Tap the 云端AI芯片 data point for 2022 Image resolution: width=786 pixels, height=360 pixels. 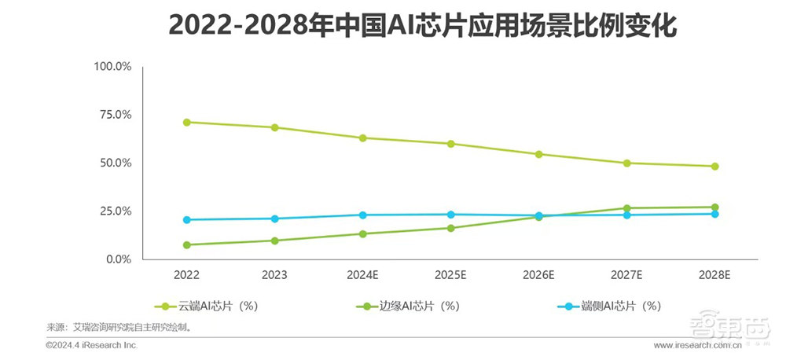pyautogui.click(x=187, y=122)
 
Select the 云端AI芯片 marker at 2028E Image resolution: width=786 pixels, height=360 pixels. pyautogui.click(x=714, y=167)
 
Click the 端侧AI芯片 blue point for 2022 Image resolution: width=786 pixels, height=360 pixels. pyautogui.click(x=187, y=219)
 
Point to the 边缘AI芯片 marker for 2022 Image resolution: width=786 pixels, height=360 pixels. pyautogui.click(x=187, y=244)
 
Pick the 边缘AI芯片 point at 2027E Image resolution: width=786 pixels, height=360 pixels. pyautogui.click(x=626, y=208)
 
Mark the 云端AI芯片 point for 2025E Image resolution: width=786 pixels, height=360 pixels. pyautogui.click(x=451, y=144)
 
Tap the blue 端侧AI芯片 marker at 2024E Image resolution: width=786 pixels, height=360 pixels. pyautogui.click(x=363, y=215)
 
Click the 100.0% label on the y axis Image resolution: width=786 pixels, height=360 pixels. pyautogui.click(x=112, y=67)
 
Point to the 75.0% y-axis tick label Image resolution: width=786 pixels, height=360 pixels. pyautogui.click(x=115, y=115)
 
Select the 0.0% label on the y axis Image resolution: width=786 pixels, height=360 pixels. pyautogui.click(x=117, y=259)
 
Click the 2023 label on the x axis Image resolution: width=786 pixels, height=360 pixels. pyautogui.click(x=275, y=275)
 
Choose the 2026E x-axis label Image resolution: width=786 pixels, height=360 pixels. pyautogui.click(x=539, y=275)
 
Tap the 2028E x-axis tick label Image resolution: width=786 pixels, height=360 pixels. pyautogui.click(x=714, y=275)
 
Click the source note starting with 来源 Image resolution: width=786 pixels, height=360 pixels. pyautogui.click(x=119, y=326)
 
